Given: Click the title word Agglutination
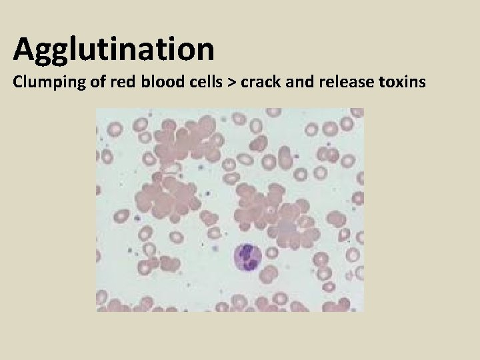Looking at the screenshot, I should (x=113, y=49).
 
